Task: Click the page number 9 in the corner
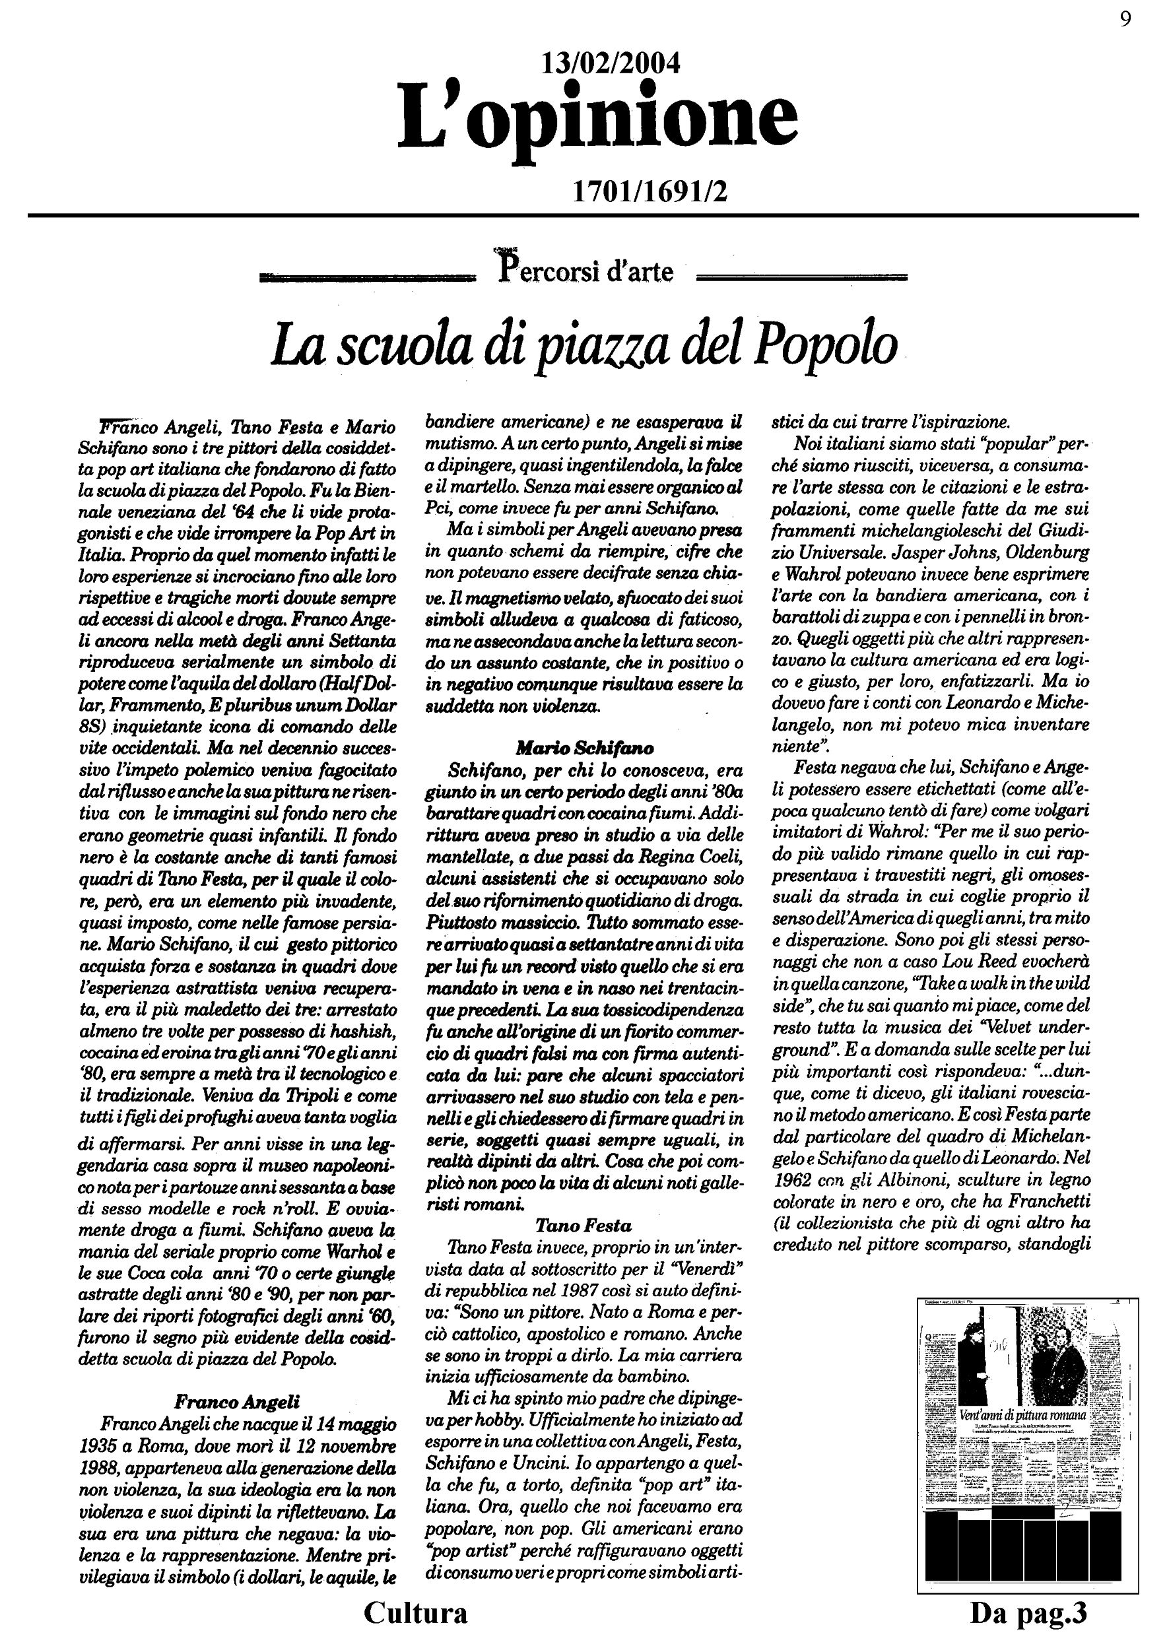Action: click(x=1125, y=19)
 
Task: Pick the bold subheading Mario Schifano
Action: click(x=584, y=748)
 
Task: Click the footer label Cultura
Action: click(x=415, y=1612)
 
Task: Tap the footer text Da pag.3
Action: click(x=1028, y=1612)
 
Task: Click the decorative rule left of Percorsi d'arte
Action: click(x=366, y=276)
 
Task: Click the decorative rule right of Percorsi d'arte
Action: click(x=802, y=276)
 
